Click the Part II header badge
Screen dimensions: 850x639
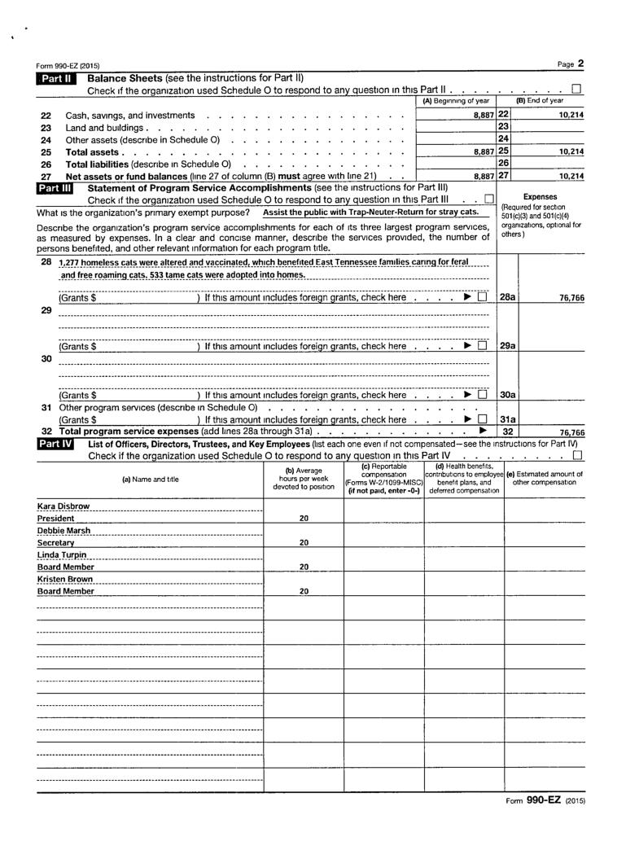pos(55,78)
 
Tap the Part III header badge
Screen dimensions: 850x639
pos(55,188)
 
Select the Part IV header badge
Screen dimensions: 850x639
pos(55,444)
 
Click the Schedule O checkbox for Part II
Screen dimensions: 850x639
pos(576,89)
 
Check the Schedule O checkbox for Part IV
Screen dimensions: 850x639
pos(576,455)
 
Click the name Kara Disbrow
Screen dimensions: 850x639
pos(63,506)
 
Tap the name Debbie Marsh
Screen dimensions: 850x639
pos(64,530)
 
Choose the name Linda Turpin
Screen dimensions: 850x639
pos(62,554)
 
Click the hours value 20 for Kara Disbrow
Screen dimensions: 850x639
pos(304,519)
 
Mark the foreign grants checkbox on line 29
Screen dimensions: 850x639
pos(482,346)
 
